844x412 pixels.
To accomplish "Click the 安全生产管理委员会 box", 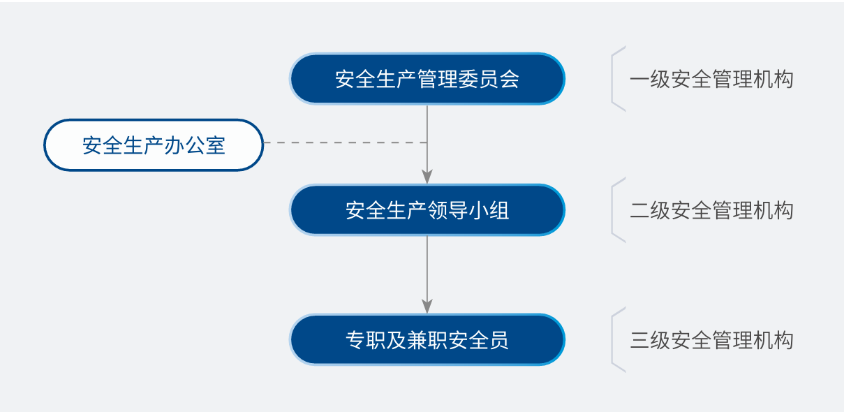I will click(x=427, y=79).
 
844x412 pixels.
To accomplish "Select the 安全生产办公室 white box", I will click(x=154, y=145).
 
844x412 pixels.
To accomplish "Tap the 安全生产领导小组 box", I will click(x=427, y=210).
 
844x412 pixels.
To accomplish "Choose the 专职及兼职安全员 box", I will click(x=427, y=340).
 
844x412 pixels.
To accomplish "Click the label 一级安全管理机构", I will click(x=711, y=79).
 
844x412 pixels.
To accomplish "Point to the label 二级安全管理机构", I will click(x=711, y=210).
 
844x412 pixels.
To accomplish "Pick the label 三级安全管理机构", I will click(x=711, y=340).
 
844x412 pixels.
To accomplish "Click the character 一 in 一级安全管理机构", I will click(x=639, y=79).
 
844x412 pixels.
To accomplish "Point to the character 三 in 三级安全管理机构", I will click(x=639, y=340).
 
